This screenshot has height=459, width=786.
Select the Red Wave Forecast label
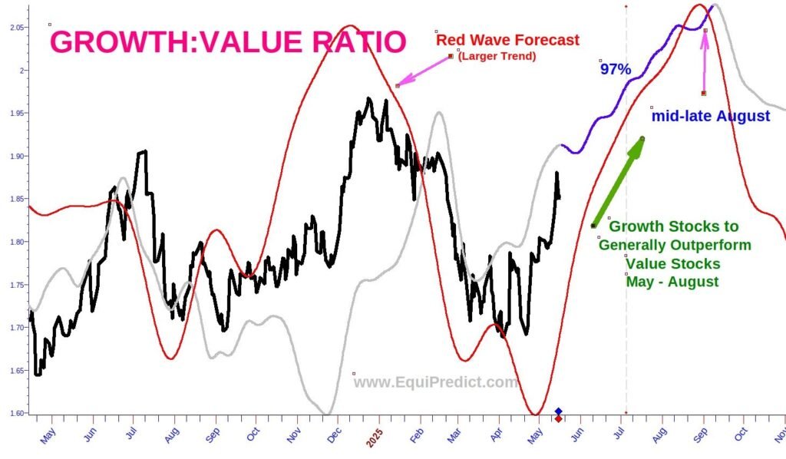[507, 40]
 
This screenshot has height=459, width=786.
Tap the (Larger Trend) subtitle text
[497, 56]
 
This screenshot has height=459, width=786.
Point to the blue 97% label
[616, 69]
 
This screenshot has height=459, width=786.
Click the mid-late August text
[710, 117]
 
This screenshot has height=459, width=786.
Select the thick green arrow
[618, 182]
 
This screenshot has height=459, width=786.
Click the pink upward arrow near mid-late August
[705, 61]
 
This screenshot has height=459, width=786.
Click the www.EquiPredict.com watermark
[436, 382]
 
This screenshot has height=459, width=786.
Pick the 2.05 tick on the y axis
[15, 28]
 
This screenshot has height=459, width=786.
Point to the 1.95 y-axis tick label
[15, 114]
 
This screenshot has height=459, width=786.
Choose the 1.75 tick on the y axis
[15, 285]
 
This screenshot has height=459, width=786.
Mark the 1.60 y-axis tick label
[15, 413]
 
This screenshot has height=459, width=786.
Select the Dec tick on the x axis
[336, 434]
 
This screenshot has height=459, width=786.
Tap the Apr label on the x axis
[499, 434]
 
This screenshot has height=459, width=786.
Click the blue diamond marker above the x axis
[558, 411]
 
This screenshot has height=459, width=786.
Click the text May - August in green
[672, 282]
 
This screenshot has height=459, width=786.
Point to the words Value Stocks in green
[672, 263]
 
